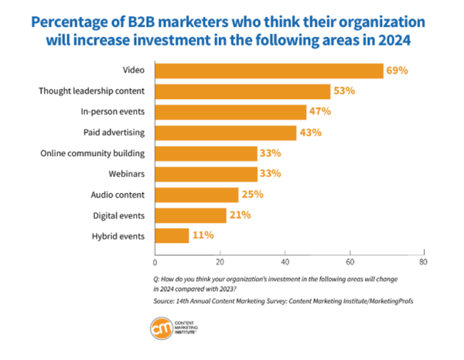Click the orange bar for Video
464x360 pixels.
click(x=269, y=71)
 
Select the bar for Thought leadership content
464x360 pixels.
click(x=243, y=91)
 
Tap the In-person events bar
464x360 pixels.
click(x=230, y=112)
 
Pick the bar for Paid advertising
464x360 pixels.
click(x=226, y=132)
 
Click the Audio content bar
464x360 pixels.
click(x=196, y=194)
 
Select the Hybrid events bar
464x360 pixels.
click(x=172, y=235)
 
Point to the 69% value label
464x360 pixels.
click(x=397, y=71)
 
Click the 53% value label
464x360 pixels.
click(x=344, y=91)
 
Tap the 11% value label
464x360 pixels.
click(x=203, y=235)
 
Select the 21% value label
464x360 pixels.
click(x=239, y=215)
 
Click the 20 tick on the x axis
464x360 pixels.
click(x=220, y=261)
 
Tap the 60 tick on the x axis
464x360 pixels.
click(x=350, y=261)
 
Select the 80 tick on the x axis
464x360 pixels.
click(x=421, y=261)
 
